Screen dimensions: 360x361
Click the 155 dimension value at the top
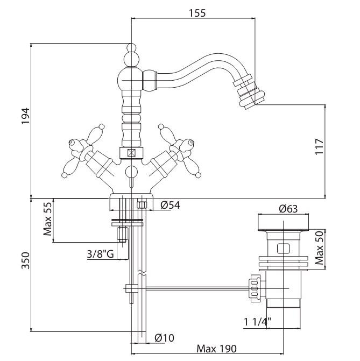point(197,13)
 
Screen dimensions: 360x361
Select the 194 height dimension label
point(26,116)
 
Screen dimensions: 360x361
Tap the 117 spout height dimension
point(319,147)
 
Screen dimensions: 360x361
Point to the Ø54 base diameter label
point(170,205)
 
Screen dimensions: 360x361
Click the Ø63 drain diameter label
point(288,209)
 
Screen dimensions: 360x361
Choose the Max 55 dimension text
point(48,219)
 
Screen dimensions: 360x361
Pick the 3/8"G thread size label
point(101,254)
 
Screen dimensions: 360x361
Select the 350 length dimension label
point(26,260)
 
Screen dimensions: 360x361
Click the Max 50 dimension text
point(319,247)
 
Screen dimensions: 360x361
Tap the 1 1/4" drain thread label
point(257,322)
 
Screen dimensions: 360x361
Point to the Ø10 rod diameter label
point(164,338)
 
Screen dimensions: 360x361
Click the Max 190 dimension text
point(216,349)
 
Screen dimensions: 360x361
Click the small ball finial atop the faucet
point(131,47)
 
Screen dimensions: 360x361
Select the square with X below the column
point(132,153)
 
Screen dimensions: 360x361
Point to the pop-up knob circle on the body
point(131,172)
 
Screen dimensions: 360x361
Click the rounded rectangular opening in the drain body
point(283,248)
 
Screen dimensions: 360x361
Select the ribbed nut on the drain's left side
point(254,288)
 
